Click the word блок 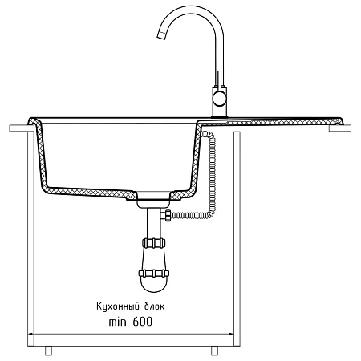coord(155,306)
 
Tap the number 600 coord(142,322)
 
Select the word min coord(117,322)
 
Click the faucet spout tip coord(160,35)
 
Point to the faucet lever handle coord(219,79)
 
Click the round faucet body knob coord(220,100)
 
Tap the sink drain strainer coord(153,199)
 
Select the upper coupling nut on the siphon coord(153,243)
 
